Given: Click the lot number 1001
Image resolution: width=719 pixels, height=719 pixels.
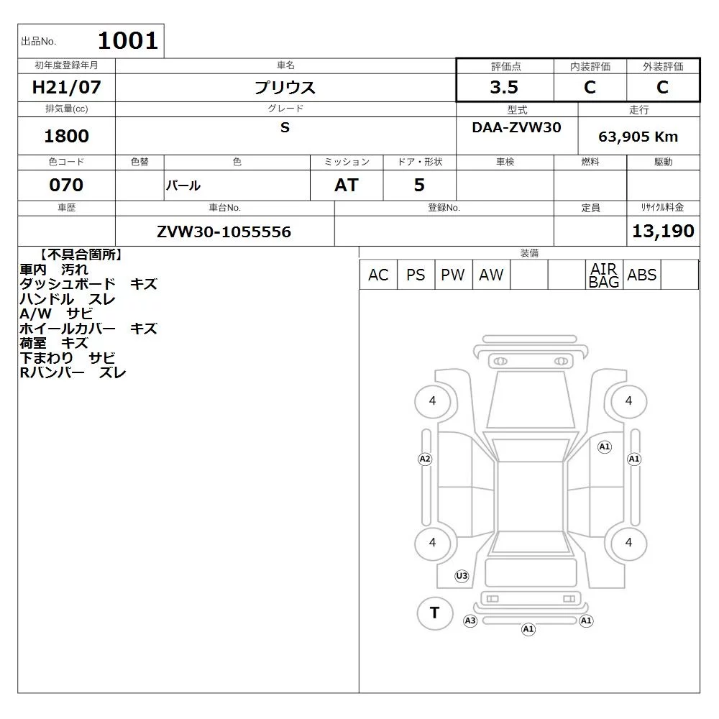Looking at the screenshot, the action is [x=128, y=41].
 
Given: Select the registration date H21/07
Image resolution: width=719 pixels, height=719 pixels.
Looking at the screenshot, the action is [x=66, y=87].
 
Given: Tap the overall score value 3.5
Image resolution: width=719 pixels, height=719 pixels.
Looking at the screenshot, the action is [x=504, y=87].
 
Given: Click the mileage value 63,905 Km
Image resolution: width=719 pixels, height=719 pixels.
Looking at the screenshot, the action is [x=638, y=137].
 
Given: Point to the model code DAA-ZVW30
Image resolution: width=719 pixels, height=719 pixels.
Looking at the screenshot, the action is [x=516, y=127].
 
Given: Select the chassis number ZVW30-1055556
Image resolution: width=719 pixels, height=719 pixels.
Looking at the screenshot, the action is [x=224, y=232].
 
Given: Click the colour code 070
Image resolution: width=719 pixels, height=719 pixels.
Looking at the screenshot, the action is [x=66, y=185].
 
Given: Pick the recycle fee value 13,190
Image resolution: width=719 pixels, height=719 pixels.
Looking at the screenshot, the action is [x=663, y=231].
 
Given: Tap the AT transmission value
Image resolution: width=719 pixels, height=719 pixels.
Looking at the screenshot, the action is [x=347, y=185].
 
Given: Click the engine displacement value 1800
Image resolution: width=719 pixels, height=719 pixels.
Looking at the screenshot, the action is [x=66, y=136].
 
